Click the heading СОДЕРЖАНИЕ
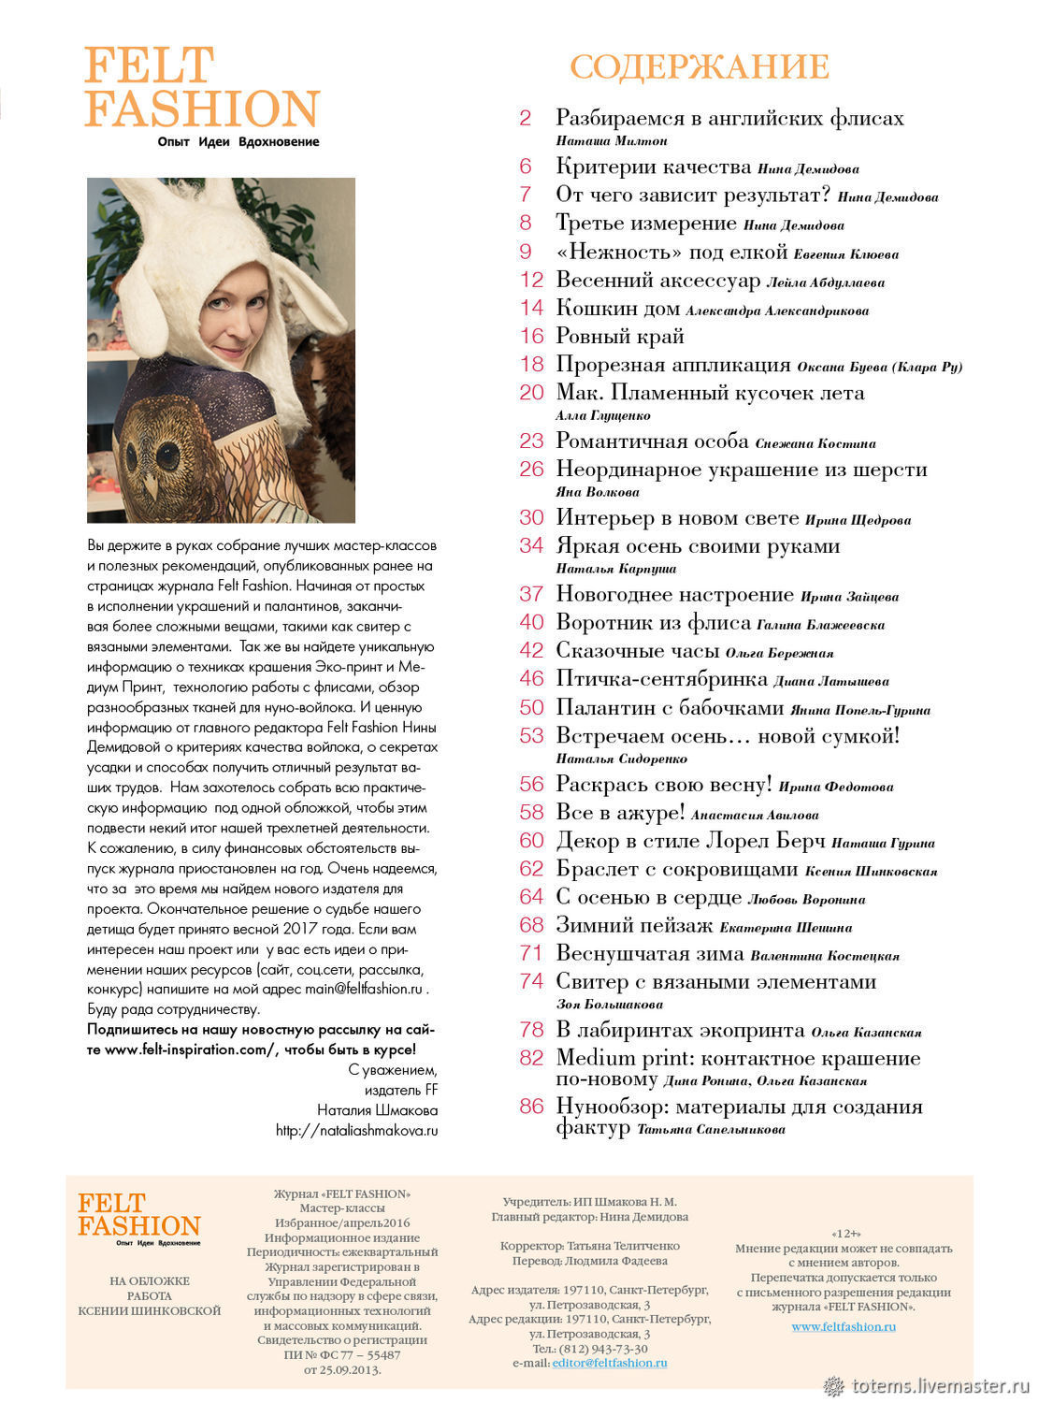tap(699, 67)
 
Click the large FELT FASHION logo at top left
tap(201, 89)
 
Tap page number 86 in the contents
tap(531, 1106)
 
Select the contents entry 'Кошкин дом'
tap(618, 308)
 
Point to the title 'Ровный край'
tap(620, 336)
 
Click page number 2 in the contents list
tap(525, 118)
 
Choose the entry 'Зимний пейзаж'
tap(634, 925)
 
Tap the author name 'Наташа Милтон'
tap(612, 140)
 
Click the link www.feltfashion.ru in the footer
tap(844, 1326)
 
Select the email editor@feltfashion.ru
tap(610, 1363)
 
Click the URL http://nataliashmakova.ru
tap(356, 1130)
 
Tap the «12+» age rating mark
tap(844, 1234)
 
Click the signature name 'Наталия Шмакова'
tap(377, 1110)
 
